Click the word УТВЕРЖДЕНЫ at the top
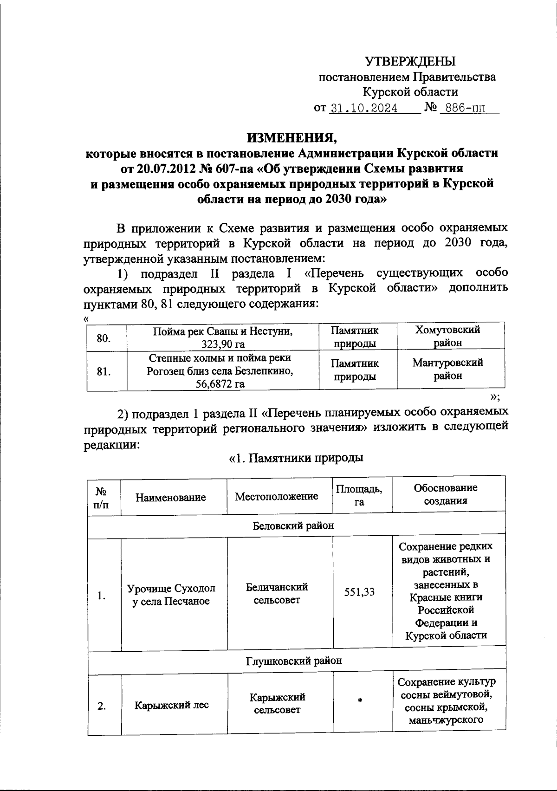click(x=410, y=61)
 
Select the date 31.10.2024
click(x=363, y=108)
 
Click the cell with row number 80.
click(x=104, y=338)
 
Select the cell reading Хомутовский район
click(x=447, y=336)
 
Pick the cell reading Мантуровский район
click(x=447, y=369)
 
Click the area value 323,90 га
click(x=223, y=344)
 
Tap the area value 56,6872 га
click(x=220, y=384)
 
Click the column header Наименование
click(x=171, y=498)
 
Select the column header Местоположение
click(x=277, y=497)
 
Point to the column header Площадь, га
click(x=359, y=495)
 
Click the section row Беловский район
click(x=293, y=525)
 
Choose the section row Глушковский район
click(x=293, y=660)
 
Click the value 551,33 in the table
click(x=359, y=592)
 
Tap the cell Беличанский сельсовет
click(x=277, y=594)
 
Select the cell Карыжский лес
click(x=172, y=705)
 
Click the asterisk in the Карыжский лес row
click(x=360, y=701)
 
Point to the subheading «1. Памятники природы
click(x=296, y=458)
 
